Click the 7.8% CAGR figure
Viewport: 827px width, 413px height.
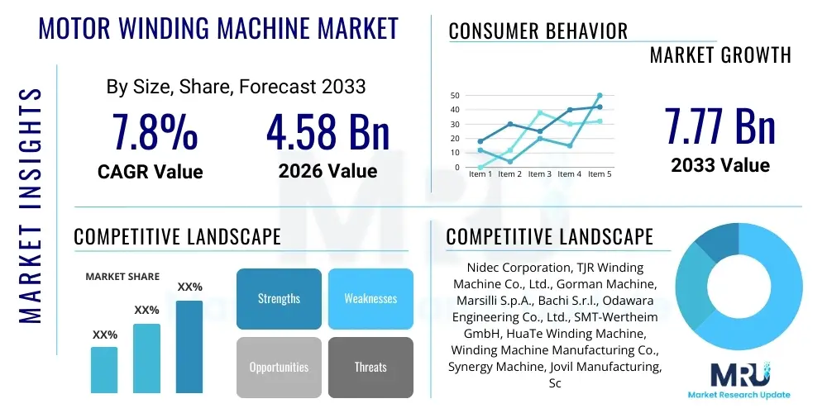[x=155, y=131]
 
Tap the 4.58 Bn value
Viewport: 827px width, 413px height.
[x=327, y=131]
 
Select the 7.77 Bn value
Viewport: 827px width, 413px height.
[x=720, y=126]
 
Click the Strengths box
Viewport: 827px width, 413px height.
[x=279, y=299]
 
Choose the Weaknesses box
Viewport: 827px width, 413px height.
[x=370, y=299]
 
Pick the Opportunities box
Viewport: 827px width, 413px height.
[x=279, y=368]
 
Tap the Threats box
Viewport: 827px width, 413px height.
[x=370, y=368]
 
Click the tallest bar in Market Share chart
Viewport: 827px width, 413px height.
[x=189, y=347]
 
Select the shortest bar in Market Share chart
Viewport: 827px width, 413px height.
[x=104, y=370]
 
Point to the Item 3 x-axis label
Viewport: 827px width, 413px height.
[x=540, y=173]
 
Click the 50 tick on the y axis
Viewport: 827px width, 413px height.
[x=456, y=95]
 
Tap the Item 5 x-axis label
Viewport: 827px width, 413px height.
[x=600, y=173]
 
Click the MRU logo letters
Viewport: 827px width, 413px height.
[x=739, y=374]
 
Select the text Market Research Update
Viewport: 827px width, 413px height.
[x=739, y=395]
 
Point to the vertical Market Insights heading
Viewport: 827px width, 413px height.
[x=31, y=206]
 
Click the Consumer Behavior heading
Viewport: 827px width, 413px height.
[x=538, y=31]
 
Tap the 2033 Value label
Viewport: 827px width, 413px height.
[x=720, y=165]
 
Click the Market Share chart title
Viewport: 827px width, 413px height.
[x=122, y=277]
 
